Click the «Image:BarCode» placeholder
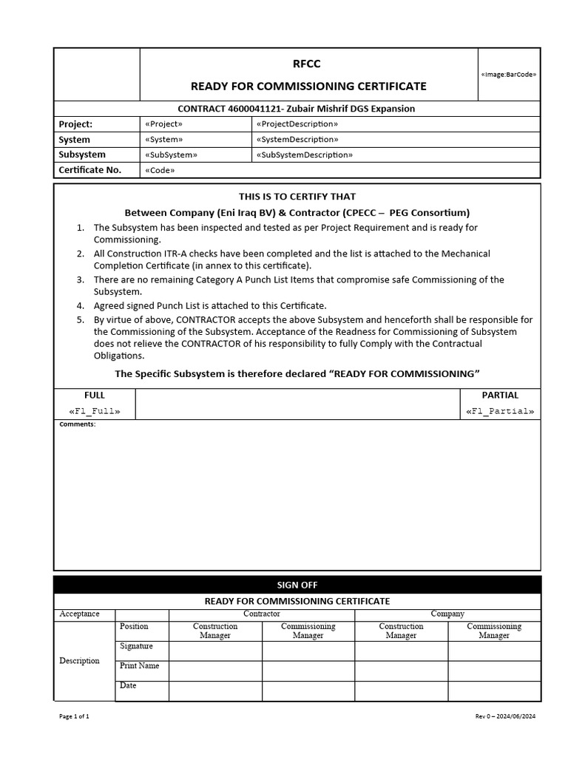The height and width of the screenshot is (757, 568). (x=509, y=75)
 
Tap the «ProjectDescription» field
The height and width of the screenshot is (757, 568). (x=297, y=124)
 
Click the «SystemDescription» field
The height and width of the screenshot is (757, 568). (x=297, y=140)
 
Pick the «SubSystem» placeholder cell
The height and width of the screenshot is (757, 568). (x=172, y=155)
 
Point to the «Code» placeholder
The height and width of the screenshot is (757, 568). (x=160, y=170)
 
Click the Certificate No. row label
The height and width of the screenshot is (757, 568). (x=89, y=170)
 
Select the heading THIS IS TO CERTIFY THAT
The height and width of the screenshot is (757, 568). (x=297, y=197)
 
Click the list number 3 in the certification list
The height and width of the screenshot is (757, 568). (x=80, y=279)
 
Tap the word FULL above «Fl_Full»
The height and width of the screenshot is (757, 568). (x=95, y=396)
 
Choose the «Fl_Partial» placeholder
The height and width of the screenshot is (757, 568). (x=500, y=411)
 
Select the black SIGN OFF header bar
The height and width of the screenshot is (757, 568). (x=297, y=585)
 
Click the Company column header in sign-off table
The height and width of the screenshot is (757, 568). (x=447, y=614)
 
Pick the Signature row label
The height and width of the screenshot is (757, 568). (x=136, y=646)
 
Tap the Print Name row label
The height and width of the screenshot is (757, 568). (x=139, y=665)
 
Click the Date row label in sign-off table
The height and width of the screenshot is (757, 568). (x=128, y=685)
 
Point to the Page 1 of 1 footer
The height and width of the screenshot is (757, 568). (x=74, y=716)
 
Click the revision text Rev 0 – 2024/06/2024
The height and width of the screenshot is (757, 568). (x=504, y=716)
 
